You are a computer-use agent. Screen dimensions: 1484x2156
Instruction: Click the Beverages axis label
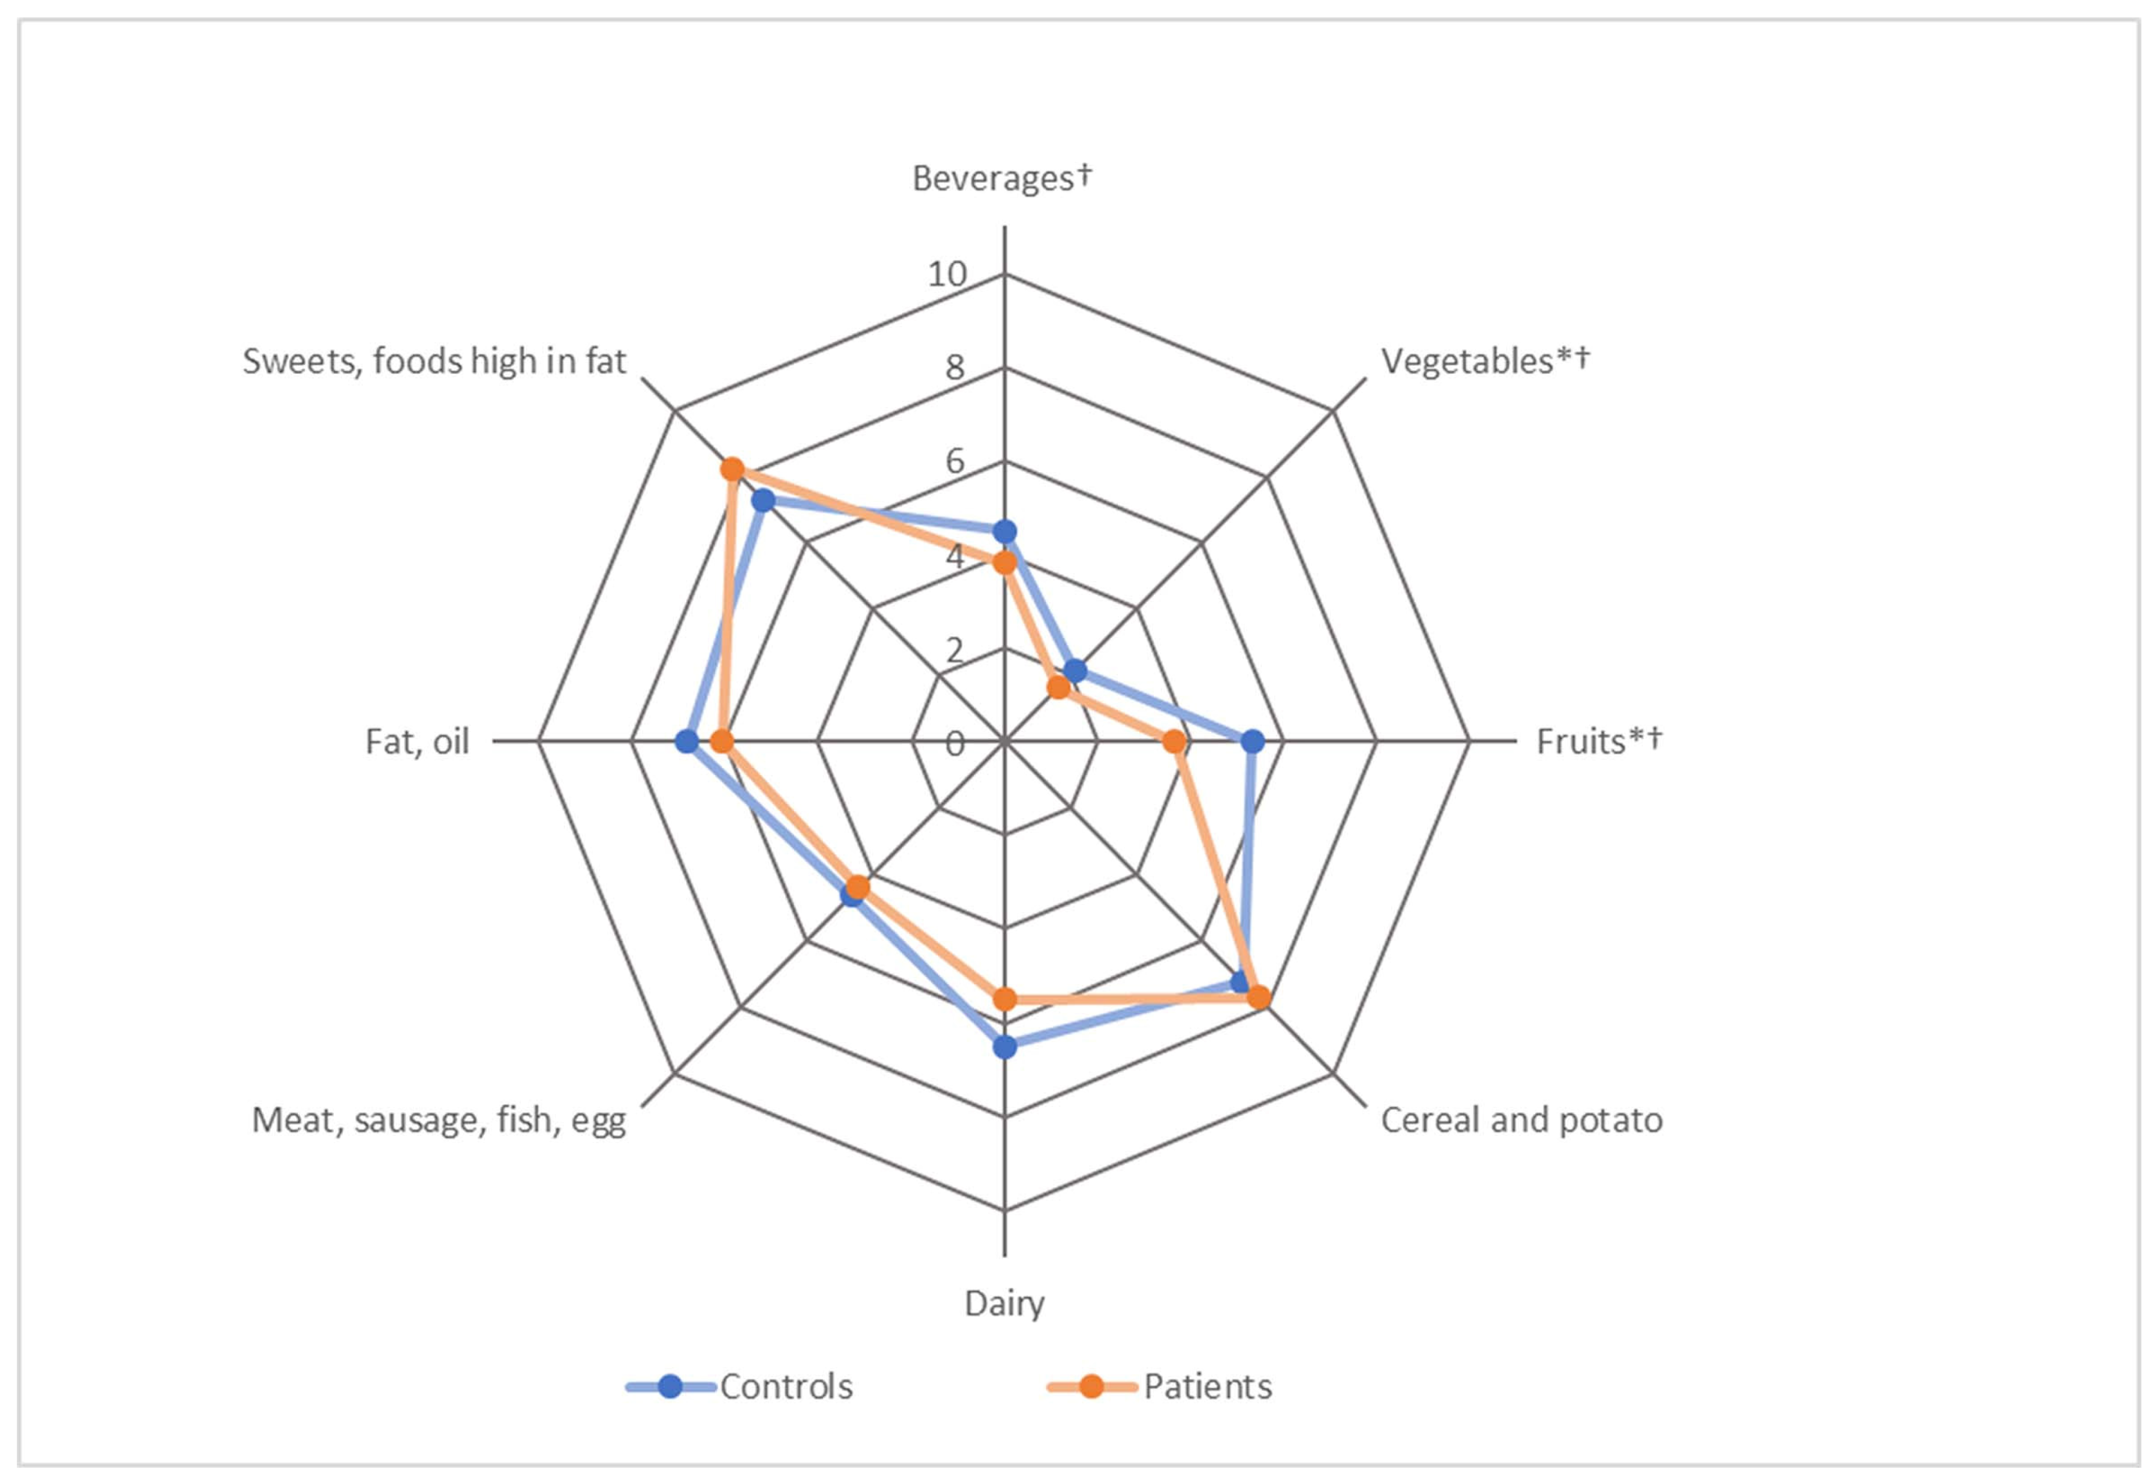coord(1002,178)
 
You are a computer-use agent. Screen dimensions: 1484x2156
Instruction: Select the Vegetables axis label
coord(1485,361)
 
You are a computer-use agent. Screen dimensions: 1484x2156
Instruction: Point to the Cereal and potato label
coord(1521,1120)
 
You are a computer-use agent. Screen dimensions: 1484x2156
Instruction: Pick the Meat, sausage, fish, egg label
coord(439,1120)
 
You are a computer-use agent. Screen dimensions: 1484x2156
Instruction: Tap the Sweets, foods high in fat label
coord(434,361)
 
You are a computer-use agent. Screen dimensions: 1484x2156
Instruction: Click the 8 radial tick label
coord(955,368)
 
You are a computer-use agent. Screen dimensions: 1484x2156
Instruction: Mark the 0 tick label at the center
coord(955,744)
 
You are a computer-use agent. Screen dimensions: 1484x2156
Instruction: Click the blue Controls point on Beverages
coord(1004,532)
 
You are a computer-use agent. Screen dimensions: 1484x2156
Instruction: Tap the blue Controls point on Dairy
coord(1004,1047)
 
